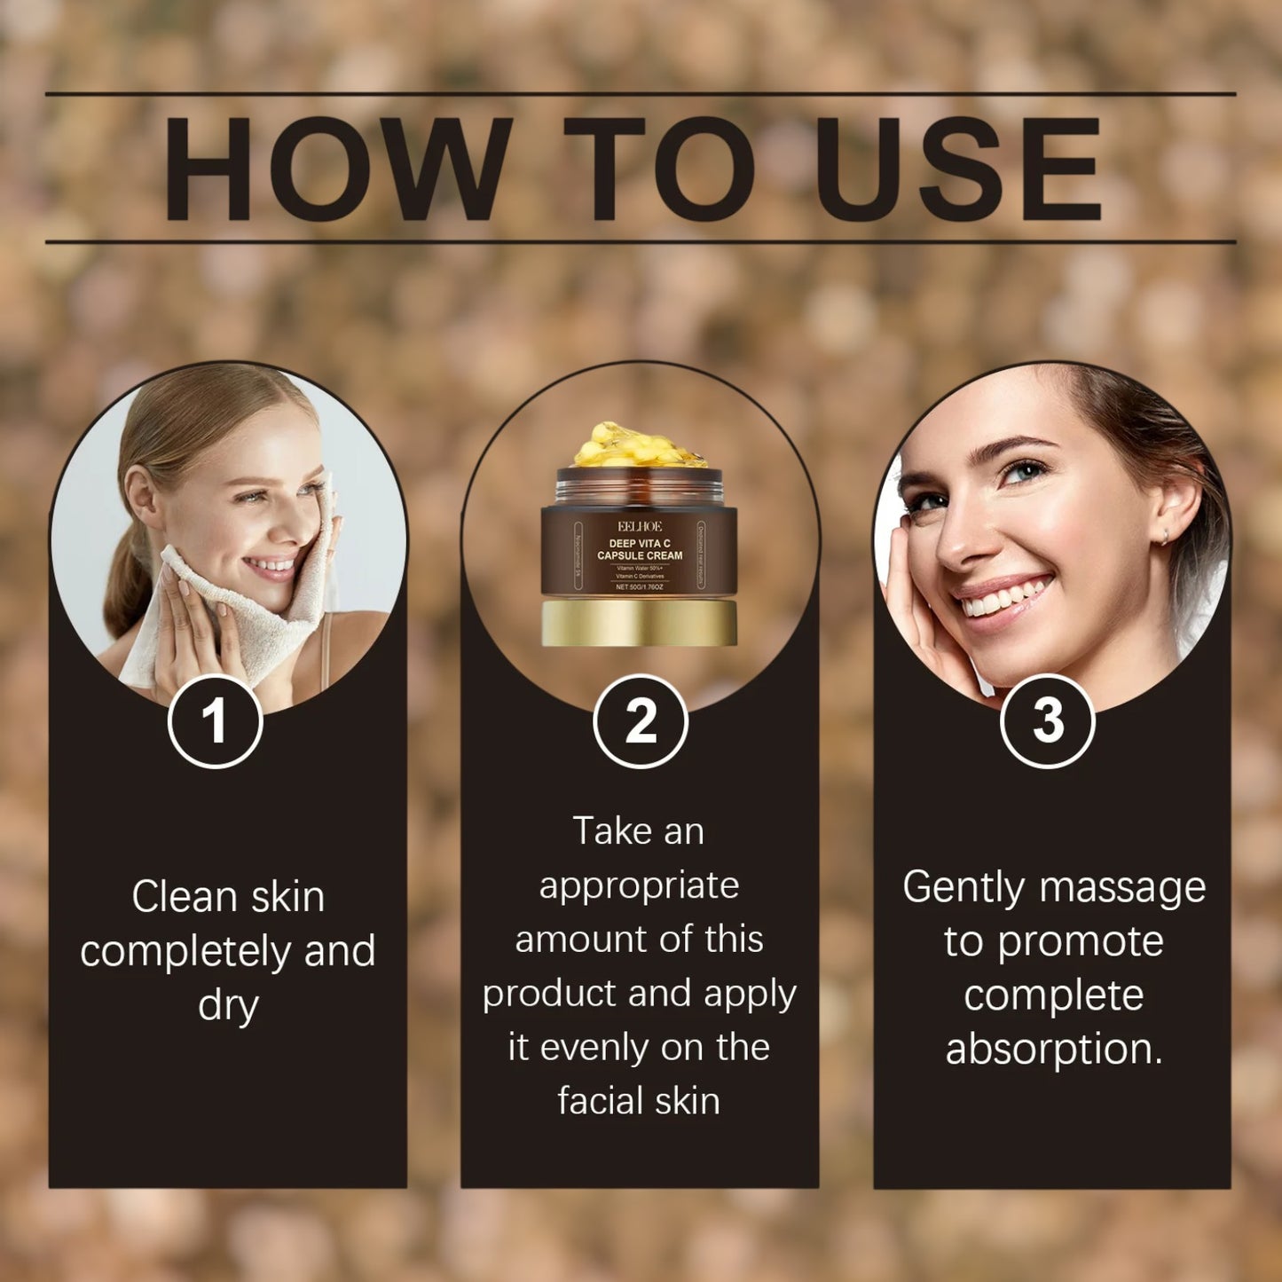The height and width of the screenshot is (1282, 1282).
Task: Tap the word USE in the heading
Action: point(957,169)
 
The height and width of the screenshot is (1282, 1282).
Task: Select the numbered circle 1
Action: point(215,721)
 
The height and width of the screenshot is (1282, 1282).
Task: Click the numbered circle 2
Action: point(640,721)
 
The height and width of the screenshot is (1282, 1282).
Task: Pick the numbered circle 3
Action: point(1047,721)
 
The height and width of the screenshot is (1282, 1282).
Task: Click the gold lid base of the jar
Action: point(639,622)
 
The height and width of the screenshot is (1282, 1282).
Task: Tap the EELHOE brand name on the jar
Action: point(639,526)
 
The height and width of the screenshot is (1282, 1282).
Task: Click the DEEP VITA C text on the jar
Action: point(639,543)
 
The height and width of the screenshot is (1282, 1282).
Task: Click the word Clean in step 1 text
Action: point(184,896)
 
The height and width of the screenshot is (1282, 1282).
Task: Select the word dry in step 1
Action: point(228,1005)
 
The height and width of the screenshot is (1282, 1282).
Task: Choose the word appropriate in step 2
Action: point(639,886)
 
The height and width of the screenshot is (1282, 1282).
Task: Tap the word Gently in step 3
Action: point(963,888)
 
